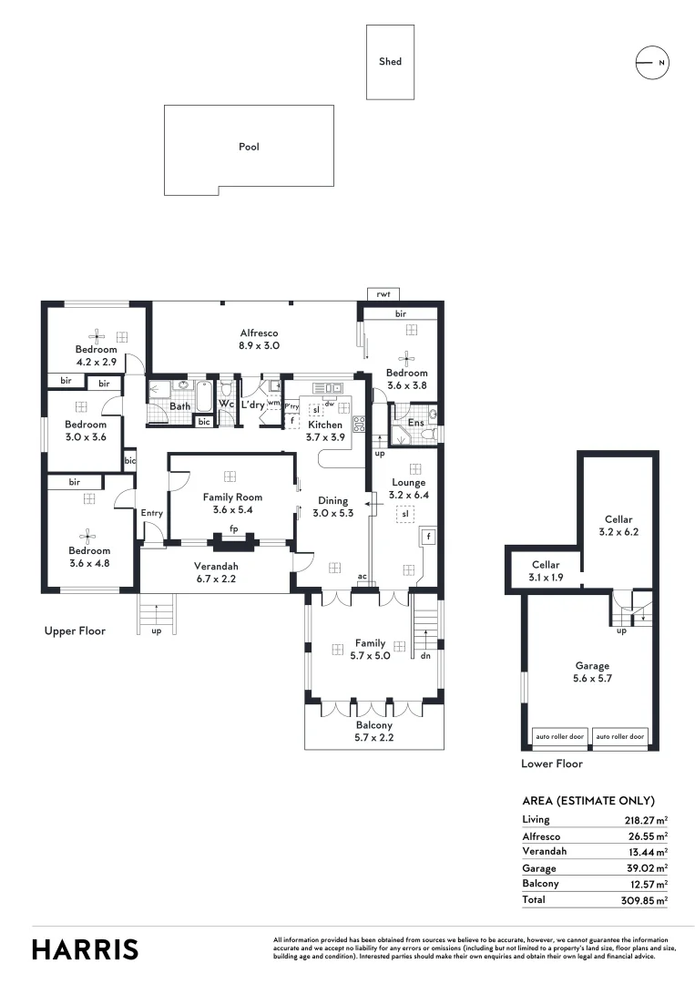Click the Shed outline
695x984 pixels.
point(390,62)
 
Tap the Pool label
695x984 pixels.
point(249,147)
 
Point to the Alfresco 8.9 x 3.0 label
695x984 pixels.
point(259,340)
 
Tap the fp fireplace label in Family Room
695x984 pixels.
point(234,528)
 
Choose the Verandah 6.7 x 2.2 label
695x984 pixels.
point(217,571)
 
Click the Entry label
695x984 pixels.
point(152,513)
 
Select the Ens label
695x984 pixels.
point(414,423)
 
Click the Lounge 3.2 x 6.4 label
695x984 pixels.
point(409,488)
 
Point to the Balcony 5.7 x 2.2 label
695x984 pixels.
point(374,732)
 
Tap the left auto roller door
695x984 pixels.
point(559,735)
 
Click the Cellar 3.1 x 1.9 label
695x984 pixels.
point(545,571)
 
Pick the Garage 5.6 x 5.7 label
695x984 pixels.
point(592,671)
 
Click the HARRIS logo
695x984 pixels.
point(86,949)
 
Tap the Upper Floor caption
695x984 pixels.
point(75,630)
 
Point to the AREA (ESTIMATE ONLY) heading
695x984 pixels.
point(588,801)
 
